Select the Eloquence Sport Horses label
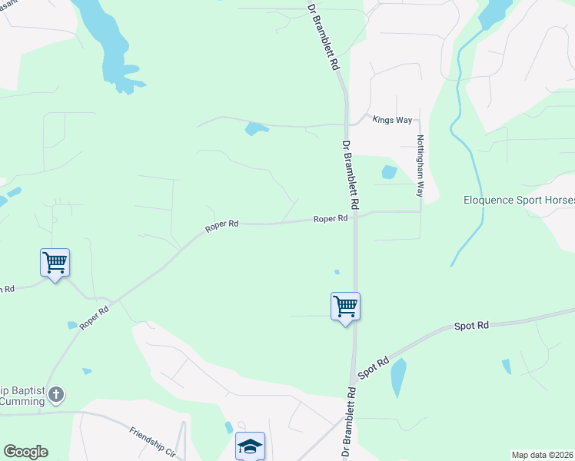point(519,201)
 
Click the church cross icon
point(55,395)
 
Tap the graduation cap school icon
point(250,446)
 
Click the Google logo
point(25,452)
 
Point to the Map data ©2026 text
point(542,455)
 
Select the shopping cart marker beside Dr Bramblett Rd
point(346,307)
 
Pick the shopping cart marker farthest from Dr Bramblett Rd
point(55,263)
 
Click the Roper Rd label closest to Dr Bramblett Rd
point(331,219)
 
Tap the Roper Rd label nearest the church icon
point(94,316)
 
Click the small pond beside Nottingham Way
point(389,172)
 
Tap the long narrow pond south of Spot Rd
point(398,377)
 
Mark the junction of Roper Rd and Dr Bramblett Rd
point(355,217)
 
